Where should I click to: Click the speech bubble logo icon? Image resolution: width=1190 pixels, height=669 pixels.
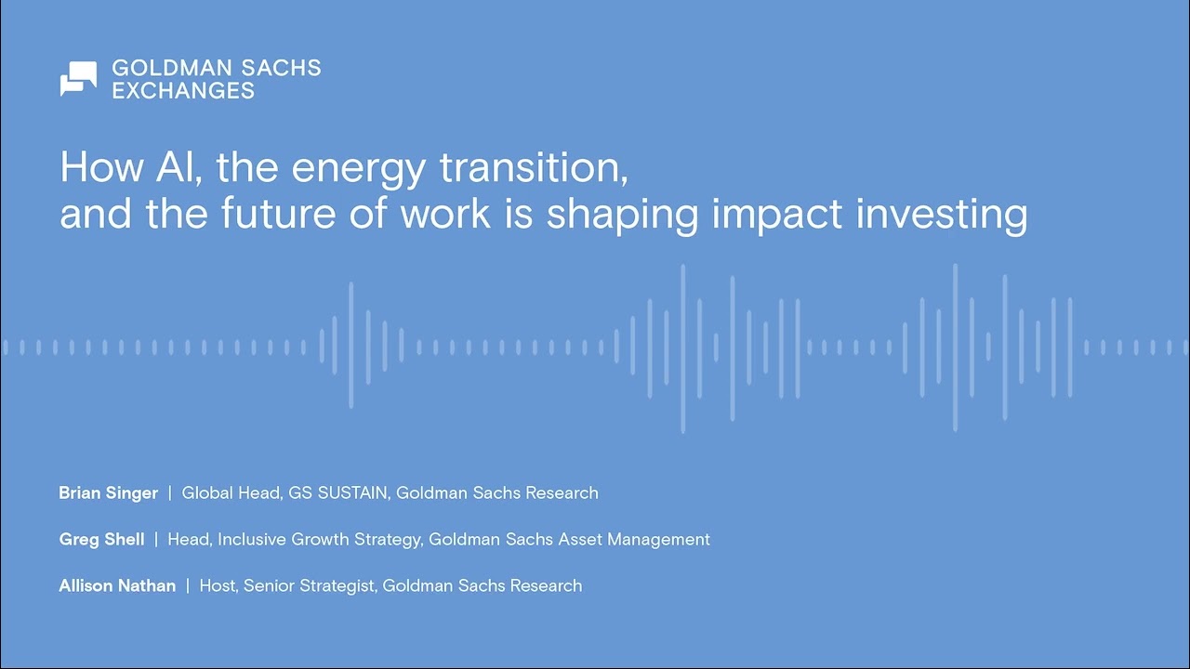pyautogui.click(x=78, y=79)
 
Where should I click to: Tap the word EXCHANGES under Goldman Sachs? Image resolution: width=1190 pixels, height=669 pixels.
pyautogui.click(x=183, y=91)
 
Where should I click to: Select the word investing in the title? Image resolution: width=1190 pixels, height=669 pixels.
pyautogui.click(x=942, y=215)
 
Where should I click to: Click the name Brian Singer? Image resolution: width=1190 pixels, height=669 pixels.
pyautogui.click(x=108, y=493)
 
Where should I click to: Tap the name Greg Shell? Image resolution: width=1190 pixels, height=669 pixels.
pyautogui.click(x=101, y=540)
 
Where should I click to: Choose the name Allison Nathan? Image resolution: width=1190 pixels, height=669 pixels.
pyautogui.click(x=117, y=586)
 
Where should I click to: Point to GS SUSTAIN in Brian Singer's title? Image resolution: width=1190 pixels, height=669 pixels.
pyautogui.click(x=337, y=493)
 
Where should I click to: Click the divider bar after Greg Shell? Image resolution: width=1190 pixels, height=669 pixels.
pyautogui.click(x=156, y=540)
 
